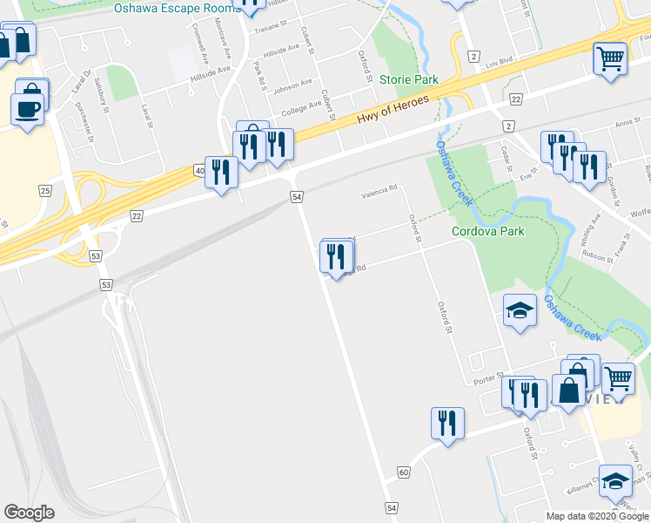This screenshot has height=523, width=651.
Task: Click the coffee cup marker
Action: tap(27, 108)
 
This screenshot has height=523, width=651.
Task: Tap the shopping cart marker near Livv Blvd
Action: tap(610, 59)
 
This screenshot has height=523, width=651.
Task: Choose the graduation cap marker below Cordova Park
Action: tap(520, 310)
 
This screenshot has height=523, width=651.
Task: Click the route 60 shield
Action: tap(403, 472)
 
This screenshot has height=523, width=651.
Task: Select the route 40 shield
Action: tap(200, 171)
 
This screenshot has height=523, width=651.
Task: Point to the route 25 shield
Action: tap(45, 189)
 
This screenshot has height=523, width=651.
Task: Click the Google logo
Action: tap(29, 513)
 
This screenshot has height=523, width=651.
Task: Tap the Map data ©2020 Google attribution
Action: tap(598, 516)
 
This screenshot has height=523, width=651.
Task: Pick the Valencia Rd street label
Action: tap(379, 189)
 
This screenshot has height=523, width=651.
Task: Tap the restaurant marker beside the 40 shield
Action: tap(225, 171)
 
